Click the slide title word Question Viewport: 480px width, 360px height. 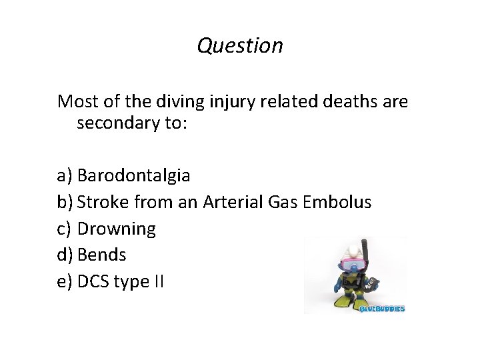click(240, 45)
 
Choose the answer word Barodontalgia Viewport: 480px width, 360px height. click(133, 175)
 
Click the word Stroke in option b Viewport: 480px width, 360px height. click(103, 201)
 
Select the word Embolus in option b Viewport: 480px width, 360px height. click(337, 201)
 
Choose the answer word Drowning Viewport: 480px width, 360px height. click(117, 229)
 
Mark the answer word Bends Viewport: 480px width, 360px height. click(102, 255)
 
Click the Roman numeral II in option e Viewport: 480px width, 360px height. click(158, 281)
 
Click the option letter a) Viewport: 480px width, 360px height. click(65, 175)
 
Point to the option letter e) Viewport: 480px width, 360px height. click(65, 281)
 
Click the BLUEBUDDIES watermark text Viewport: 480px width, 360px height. click(382, 308)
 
